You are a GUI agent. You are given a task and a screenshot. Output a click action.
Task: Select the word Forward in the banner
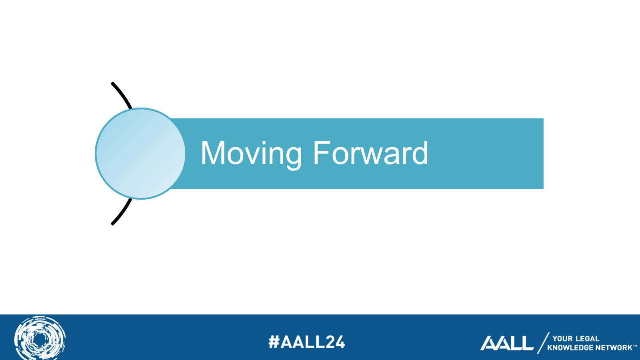point(371,152)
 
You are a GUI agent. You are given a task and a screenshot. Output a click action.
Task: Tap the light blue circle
point(140,154)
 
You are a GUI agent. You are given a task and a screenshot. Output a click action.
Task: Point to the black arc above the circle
point(122,96)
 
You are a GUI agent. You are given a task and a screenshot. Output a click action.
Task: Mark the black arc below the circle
point(122,212)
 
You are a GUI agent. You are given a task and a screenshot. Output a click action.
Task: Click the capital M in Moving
point(213,153)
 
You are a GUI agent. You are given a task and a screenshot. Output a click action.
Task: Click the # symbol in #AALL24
point(274,342)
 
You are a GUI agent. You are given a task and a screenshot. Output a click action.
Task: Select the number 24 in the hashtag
point(335,342)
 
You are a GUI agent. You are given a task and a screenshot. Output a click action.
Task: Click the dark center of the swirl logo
point(40,340)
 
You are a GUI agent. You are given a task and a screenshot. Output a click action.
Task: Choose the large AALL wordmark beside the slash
point(506,343)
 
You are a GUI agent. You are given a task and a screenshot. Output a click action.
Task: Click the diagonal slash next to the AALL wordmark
point(543,343)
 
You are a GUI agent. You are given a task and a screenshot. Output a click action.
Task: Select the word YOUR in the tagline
point(562,338)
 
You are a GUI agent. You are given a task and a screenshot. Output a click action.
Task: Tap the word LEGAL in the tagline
point(588,338)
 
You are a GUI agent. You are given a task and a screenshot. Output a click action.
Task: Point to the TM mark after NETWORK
point(634,346)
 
